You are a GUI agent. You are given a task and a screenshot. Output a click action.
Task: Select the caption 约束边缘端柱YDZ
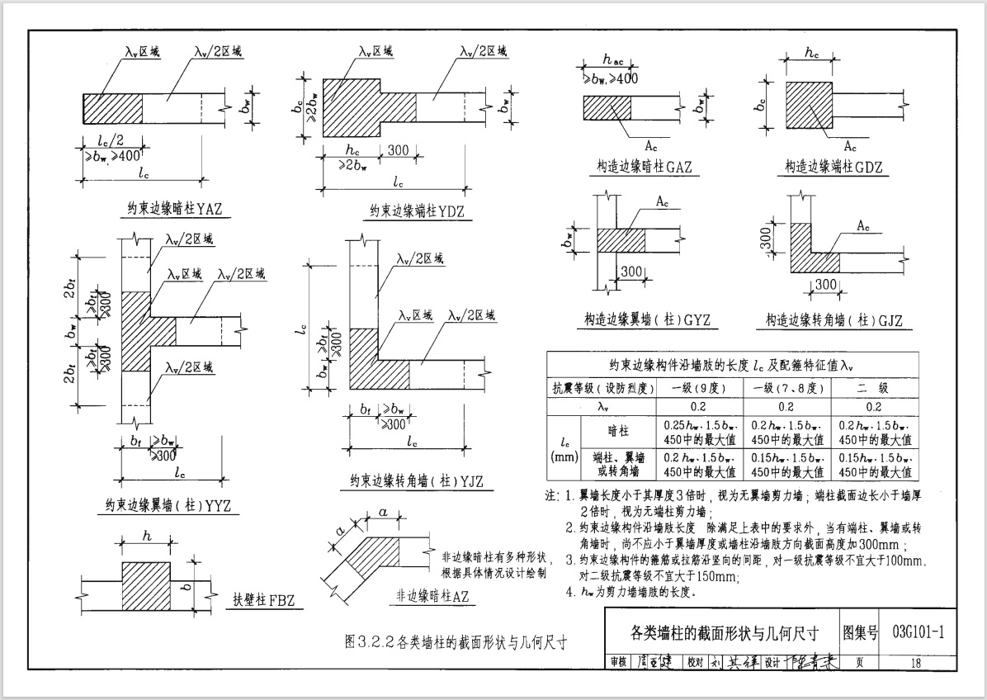point(418,211)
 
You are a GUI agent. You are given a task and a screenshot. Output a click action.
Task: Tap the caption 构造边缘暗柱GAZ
point(645,167)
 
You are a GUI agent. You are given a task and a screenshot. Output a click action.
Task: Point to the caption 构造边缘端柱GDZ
point(834,167)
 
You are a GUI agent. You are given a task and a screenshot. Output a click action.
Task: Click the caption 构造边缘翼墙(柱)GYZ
point(647,319)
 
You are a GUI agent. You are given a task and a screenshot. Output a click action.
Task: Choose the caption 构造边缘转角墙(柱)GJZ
point(834,319)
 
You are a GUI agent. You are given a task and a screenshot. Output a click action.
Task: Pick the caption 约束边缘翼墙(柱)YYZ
point(168,504)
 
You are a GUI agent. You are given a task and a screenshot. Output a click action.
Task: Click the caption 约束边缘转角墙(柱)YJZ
point(417,481)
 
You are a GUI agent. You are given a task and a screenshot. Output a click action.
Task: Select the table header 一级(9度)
point(700,388)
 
